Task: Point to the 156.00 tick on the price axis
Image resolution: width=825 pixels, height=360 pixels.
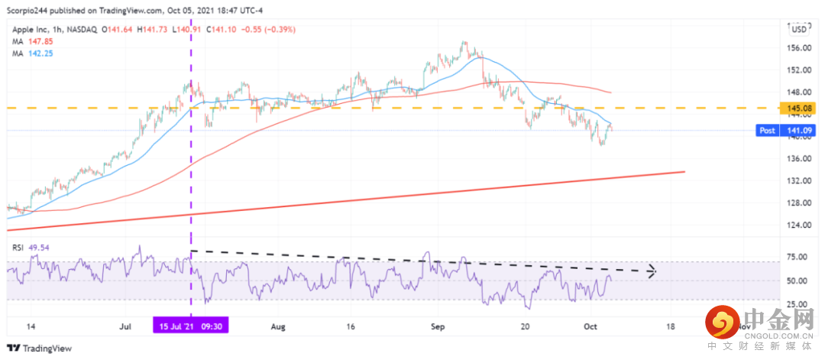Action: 799,47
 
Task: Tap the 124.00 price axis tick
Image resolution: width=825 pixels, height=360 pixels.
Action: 799,225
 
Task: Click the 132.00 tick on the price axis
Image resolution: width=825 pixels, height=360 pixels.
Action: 799,181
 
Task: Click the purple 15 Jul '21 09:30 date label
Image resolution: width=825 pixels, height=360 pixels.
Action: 190,326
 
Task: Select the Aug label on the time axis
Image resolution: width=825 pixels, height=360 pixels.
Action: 277,326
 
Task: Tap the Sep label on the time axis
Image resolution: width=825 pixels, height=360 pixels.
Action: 438,326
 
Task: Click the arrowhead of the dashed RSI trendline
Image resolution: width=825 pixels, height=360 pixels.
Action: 652,271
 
